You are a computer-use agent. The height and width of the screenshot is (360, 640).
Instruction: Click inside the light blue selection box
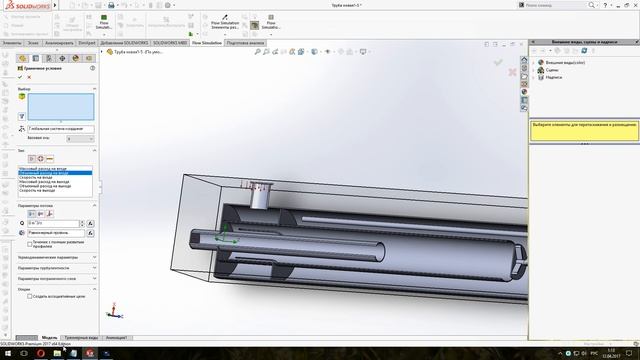pos(61,107)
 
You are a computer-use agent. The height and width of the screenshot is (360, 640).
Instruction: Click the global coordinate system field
pos(61,129)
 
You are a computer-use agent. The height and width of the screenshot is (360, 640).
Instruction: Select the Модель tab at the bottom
pos(48,338)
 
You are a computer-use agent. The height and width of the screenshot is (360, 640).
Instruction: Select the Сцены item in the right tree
pos(553,70)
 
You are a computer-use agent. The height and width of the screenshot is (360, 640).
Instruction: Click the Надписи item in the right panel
pos(554,78)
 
